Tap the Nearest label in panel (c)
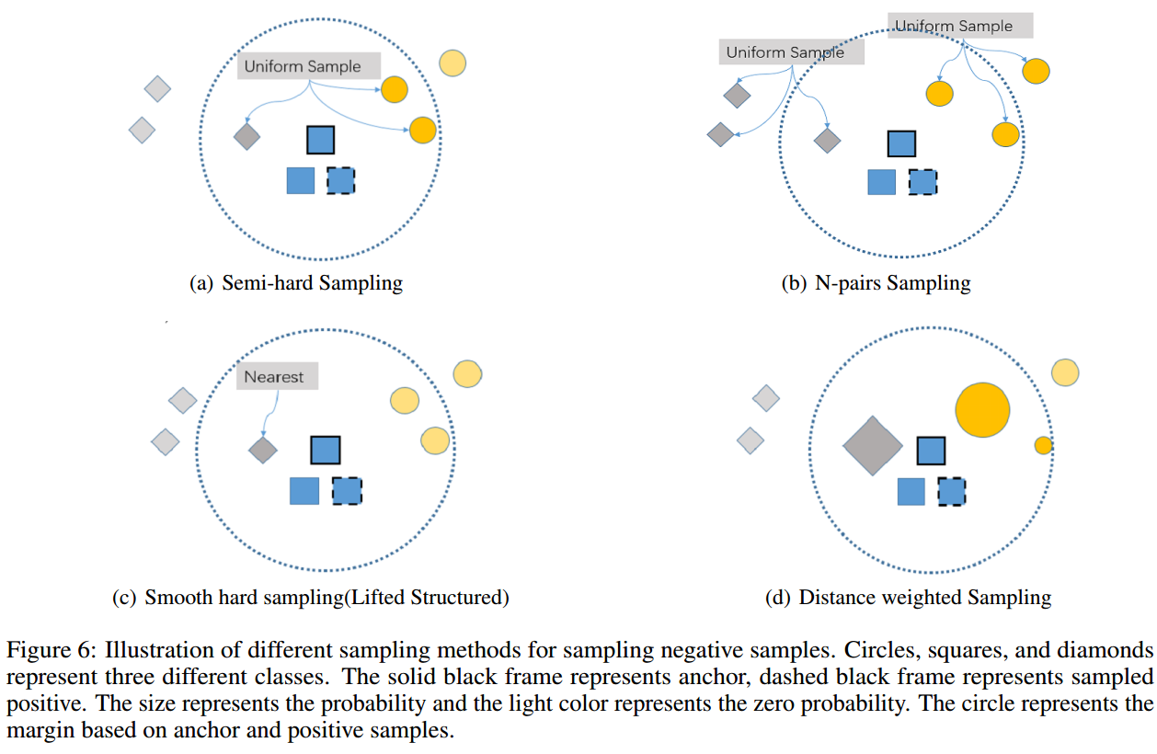point(274,377)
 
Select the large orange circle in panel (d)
point(982,410)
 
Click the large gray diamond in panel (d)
point(873,446)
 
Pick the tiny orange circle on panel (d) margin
point(1043,445)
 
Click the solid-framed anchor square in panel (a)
point(320,140)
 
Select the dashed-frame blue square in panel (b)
point(922,181)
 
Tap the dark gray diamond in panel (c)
point(263,450)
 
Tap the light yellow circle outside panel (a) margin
point(452,63)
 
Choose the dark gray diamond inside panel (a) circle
point(246,136)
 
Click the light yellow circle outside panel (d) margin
point(1065,372)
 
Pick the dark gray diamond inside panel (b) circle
point(828,140)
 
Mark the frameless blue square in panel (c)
point(304,491)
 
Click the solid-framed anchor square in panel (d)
point(931,451)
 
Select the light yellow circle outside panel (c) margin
point(467,374)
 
